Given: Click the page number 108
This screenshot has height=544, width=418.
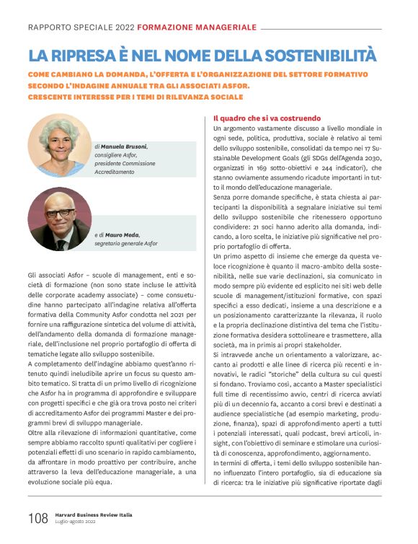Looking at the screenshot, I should [37, 519].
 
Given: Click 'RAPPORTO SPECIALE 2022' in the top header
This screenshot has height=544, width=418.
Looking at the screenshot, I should [81, 27].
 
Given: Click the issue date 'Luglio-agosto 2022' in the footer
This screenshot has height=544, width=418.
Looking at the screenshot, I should [75, 523].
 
